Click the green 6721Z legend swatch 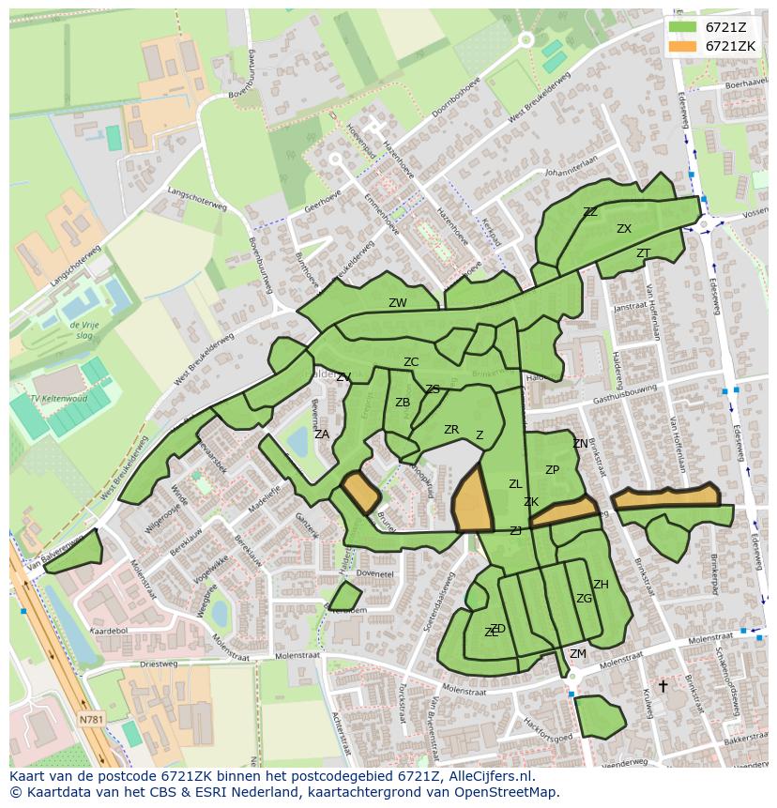tap(682, 27)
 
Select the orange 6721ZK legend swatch tap(682, 46)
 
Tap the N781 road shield tap(91, 720)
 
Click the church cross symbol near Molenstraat tap(663, 686)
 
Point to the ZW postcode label tap(398, 303)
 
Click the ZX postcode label tap(624, 229)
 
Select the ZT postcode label tap(643, 253)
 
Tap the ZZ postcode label tap(590, 212)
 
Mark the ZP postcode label tap(552, 470)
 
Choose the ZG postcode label tap(584, 599)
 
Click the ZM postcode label tap(578, 654)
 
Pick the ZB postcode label tap(403, 403)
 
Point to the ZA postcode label tap(322, 434)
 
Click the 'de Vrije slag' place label tap(84, 329)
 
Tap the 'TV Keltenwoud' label tap(58, 399)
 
